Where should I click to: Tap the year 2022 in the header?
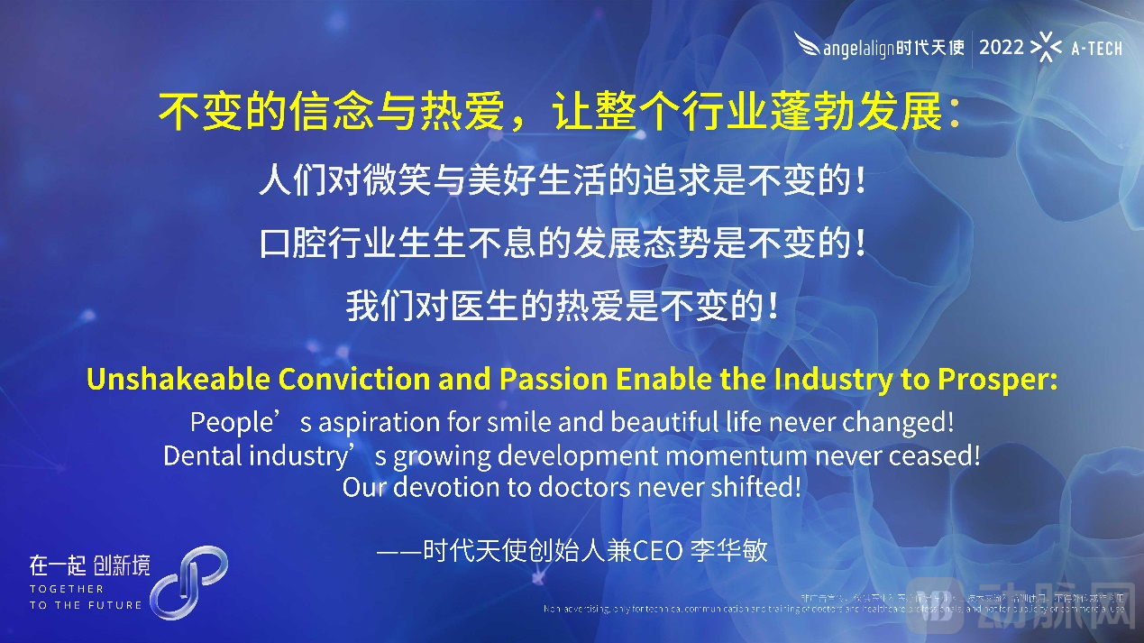pyautogui.click(x=1002, y=47)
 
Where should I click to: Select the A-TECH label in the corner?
pyautogui.click(x=1096, y=49)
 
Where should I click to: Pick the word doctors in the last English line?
pyautogui.click(x=587, y=488)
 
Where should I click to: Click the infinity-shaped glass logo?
pyautogui.click(x=188, y=582)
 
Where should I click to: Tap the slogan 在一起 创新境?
pyautogui.click(x=89, y=565)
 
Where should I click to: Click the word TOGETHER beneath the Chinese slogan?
pyautogui.click(x=67, y=588)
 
